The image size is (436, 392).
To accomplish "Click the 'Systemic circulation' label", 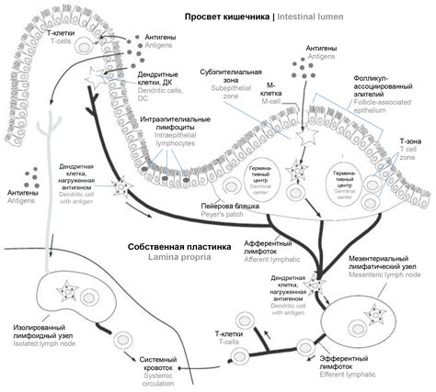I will (x=160, y=372).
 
